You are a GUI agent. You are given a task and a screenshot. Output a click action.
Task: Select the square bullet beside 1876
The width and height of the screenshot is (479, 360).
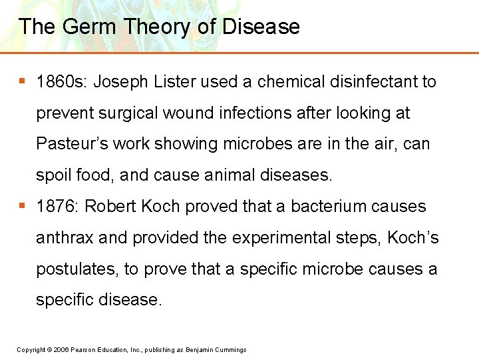pyautogui.click(x=23, y=206)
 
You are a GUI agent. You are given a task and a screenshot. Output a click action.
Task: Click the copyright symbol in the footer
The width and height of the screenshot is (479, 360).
pyautogui.click(x=50, y=350)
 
